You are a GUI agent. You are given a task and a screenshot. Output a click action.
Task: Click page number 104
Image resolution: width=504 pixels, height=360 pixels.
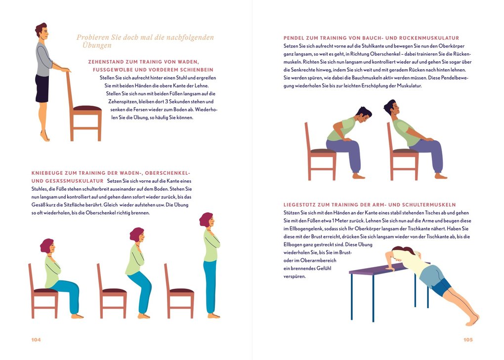click(36, 340)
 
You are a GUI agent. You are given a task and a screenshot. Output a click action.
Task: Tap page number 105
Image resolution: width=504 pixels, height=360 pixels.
click(468, 340)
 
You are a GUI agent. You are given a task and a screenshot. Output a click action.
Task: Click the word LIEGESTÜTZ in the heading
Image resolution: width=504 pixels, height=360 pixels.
click(299, 204)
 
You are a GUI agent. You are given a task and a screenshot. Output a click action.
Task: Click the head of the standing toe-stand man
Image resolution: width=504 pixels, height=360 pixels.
click(42, 31)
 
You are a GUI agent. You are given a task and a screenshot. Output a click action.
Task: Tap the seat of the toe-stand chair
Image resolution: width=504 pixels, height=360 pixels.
click(87, 108)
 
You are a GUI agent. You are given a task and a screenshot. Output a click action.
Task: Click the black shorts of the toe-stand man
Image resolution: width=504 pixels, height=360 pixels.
click(42, 88)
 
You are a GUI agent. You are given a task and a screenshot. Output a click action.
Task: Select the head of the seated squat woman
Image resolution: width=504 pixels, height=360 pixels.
click(47, 245)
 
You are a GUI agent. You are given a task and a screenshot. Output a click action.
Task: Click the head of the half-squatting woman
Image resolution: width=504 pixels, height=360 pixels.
click(137, 235)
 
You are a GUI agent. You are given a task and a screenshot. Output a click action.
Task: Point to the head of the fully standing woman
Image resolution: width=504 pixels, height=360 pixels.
click(207, 220)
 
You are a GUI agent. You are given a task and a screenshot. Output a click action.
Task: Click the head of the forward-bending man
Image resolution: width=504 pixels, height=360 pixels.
click(363, 115)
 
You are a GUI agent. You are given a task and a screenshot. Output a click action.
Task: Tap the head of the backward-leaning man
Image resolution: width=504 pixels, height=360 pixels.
click(391, 108)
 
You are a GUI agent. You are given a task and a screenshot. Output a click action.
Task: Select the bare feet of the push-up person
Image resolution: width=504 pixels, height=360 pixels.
click(472, 319)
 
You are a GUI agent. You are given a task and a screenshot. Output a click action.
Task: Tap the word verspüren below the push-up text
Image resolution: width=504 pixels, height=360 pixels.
click(294, 277)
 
